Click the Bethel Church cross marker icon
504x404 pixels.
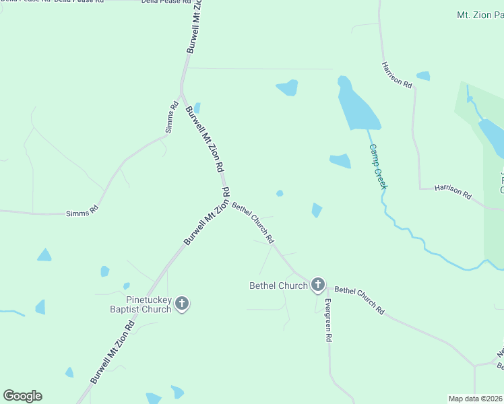[317, 285]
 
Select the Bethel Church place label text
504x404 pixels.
[278, 285]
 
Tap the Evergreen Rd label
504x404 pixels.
[328, 321]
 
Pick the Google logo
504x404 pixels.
[22, 396]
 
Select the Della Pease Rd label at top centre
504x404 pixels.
[161, 2]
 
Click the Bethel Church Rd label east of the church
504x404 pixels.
[359, 300]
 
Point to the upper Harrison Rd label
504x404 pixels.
[396, 74]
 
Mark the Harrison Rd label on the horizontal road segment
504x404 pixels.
[453, 190]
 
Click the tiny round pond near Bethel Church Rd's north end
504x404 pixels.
[280, 194]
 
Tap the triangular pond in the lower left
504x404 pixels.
[44, 255]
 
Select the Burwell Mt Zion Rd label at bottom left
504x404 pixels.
[113, 352]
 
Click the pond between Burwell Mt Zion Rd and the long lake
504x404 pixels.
[288, 88]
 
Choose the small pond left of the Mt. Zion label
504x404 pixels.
[423, 75]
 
